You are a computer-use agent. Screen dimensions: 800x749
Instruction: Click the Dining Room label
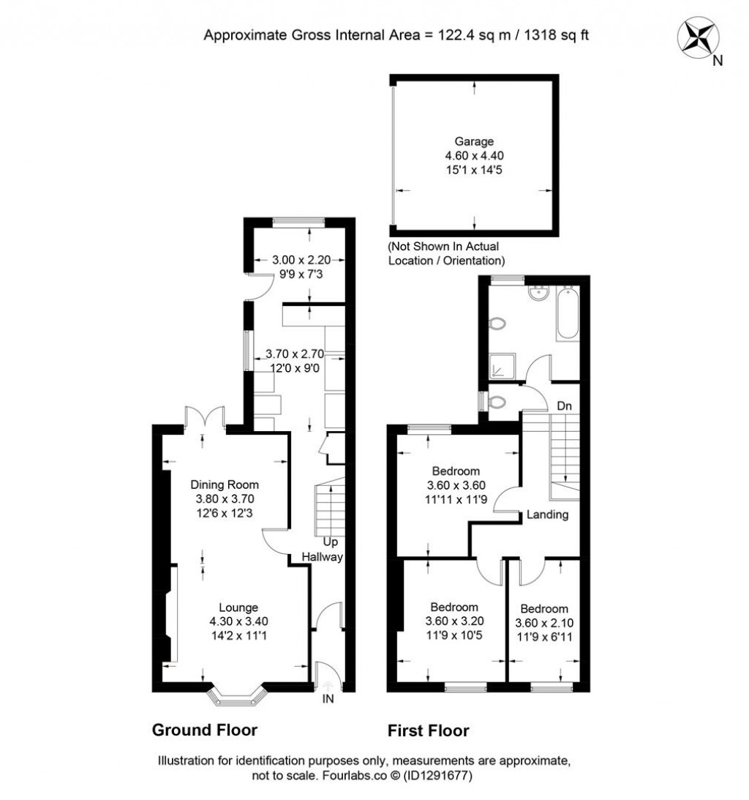(225, 485)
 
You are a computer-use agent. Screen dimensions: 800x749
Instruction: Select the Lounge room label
(238, 607)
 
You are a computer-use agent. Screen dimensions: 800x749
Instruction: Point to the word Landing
(548, 515)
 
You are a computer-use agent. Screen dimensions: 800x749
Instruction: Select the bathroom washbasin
(539, 294)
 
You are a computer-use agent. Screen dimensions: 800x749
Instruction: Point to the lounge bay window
(236, 695)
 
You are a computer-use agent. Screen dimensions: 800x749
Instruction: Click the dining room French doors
(203, 418)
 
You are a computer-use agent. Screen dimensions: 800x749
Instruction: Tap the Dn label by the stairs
(564, 405)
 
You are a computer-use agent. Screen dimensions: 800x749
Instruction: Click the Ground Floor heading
(204, 730)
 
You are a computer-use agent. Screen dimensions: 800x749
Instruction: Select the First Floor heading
(428, 730)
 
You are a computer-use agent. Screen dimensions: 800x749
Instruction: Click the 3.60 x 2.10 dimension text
(544, 623)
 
